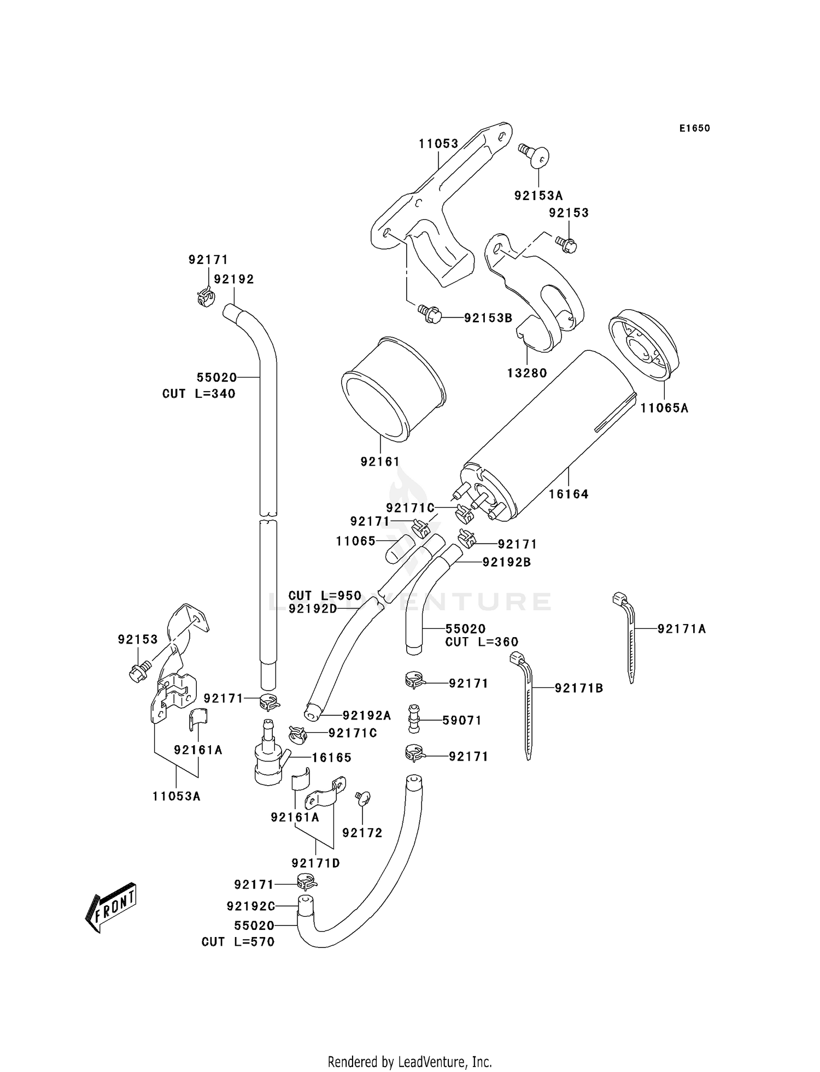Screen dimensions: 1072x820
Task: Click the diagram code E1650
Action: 694,128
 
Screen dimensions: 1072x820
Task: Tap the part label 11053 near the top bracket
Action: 438,144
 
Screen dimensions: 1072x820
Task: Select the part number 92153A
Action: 538,196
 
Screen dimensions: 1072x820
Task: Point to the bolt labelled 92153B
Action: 430,314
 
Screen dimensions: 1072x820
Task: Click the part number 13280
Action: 527,373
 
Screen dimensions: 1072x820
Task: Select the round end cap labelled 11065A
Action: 642,347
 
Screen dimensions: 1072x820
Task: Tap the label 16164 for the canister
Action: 569,494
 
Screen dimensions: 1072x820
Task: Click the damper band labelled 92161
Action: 393,389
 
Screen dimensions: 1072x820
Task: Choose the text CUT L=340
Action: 199,393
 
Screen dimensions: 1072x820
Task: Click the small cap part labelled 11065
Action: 398,549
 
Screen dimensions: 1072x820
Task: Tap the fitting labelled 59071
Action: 413,720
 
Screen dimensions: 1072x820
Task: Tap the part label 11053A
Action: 177,796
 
